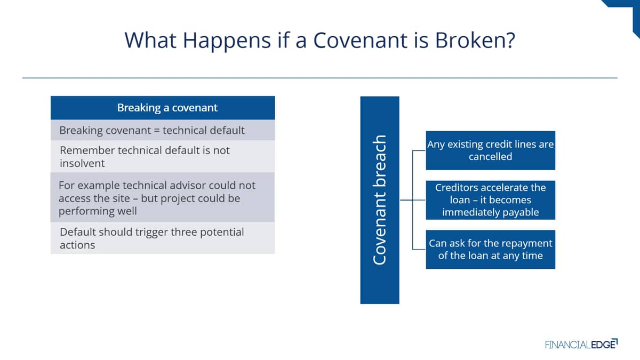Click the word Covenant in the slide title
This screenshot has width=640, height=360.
[x=360, y=40]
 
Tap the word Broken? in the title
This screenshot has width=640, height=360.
[x=475, y=40]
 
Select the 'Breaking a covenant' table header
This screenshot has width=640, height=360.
[x=163, y=108]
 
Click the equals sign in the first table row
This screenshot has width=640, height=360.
[x=157, y=131]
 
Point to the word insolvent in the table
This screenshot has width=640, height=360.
[x=82, y=163]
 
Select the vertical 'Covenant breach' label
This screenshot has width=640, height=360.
[x=380, y=200]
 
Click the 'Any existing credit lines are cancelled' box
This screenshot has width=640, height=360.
[x=491, y=150]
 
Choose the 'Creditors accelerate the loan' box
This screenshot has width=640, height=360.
[x=491, y=200]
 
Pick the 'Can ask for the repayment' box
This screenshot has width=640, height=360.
[x=491, y=250]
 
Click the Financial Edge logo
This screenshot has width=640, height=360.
[x=581, y=344]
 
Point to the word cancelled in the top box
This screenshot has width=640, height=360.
[x=491, y=157]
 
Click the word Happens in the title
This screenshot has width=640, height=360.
[x=227, y=41]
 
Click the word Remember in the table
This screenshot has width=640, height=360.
[x=87, y=150]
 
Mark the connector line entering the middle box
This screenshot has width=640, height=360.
[x=413, y=200]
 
